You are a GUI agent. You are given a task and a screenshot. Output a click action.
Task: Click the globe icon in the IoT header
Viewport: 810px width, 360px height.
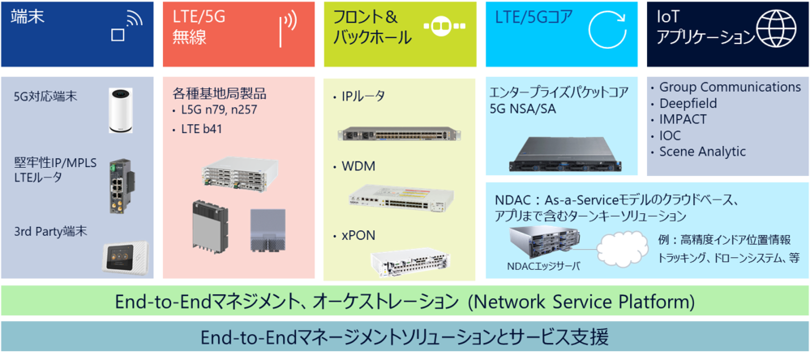coord(778,31)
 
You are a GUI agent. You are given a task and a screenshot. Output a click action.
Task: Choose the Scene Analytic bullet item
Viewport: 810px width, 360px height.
coord(701,152)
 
